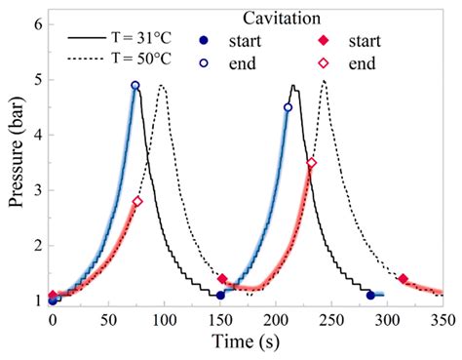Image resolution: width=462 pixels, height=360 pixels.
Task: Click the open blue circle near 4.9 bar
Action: click(135, 86)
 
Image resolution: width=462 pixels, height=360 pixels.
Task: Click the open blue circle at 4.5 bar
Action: click(288, 107)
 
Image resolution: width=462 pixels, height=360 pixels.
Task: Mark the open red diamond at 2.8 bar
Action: click(137, 202)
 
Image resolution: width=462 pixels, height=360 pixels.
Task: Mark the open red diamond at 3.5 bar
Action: click(312, 163)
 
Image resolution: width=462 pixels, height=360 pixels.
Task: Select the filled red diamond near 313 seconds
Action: click(403, 279)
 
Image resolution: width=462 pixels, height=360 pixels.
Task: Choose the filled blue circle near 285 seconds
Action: click(370, 295)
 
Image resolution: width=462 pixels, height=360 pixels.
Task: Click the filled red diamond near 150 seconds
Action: click(222, 279)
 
